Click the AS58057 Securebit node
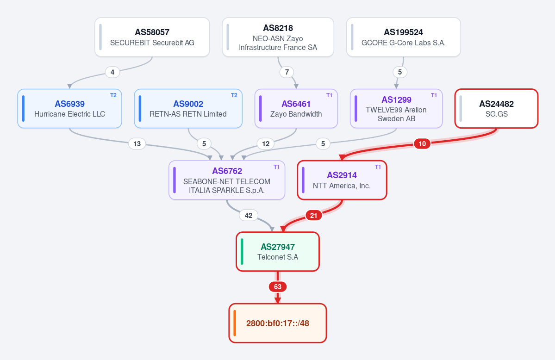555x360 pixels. (152, 37)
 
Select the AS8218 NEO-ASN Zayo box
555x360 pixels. (278, 37)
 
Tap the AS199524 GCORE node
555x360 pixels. (404, 37)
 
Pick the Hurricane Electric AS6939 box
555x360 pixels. (70, 109)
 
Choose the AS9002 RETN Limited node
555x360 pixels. (188, 109)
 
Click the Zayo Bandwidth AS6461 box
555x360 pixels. (296, 109)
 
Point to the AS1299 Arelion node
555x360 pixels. (396, 109)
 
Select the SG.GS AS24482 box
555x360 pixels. (497, 109)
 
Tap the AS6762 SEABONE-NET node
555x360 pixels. (227, 180)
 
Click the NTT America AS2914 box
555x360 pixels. (342, 180)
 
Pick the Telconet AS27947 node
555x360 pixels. (278, 252)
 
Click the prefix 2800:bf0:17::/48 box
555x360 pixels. (278, 323)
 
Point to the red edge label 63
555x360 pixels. (278, 287)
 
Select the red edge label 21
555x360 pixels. (313, 215)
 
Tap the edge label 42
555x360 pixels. (249, 215)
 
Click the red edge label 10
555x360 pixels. (422, 144)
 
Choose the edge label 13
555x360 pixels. (137, 144)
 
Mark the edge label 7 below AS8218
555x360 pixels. (287, 72)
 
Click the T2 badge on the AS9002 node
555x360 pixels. (234, 95)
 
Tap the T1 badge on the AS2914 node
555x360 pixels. (378, 167)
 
